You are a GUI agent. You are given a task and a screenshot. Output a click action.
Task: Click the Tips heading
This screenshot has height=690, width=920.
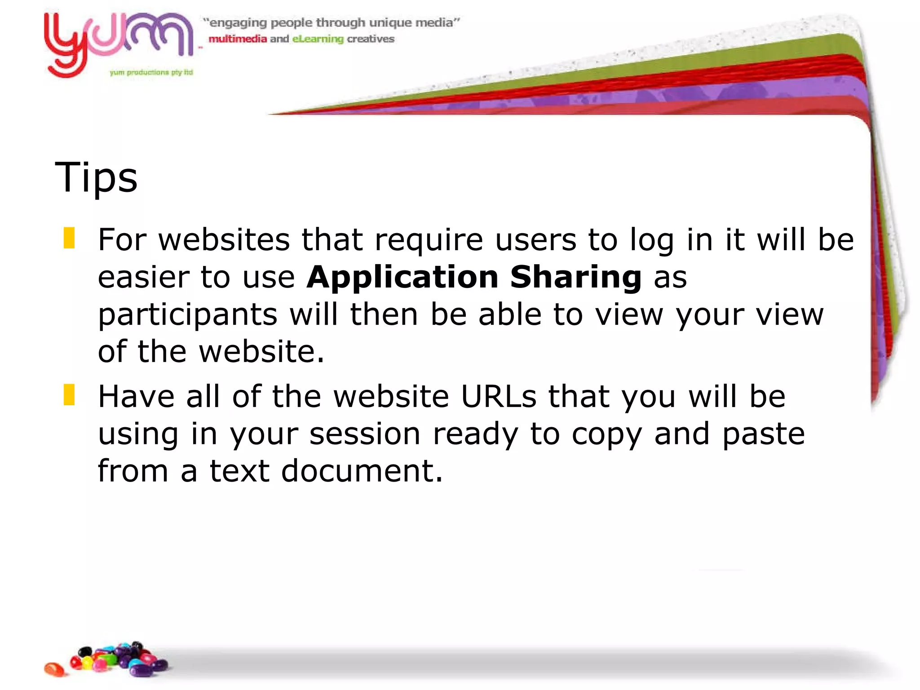pyautogui.click(x=96, y=178)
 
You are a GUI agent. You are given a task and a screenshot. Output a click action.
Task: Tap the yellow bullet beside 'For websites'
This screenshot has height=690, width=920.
pyautogui.click(x=69, y=238)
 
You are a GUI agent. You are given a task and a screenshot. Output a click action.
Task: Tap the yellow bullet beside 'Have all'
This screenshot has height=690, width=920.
pyautogui.click(x=69, y=395)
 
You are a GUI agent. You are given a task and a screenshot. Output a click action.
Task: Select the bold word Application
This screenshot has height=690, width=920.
pyautogui.click(x=402, y=278)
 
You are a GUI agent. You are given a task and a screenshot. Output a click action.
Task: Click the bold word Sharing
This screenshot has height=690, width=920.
pyautogui.click(x=576, y=278)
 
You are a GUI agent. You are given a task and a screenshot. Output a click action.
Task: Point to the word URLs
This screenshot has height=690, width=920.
pyautogui.click(x=499, y=397)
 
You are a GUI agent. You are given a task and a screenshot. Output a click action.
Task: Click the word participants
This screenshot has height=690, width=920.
pyautogui.click(x=188, y=315)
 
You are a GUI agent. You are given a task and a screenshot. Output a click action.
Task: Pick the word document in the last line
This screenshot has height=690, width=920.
pyautogui.click(x=362, y=471)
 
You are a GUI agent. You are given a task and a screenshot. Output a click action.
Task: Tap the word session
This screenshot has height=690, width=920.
pyautogui.click(x=365, y=434)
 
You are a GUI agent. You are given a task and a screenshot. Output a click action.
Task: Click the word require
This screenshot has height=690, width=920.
pyautogui.click(x=429, y=240)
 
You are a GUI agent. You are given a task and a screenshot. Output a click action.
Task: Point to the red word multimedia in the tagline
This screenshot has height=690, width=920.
pyautogui.click(x=238, y=39)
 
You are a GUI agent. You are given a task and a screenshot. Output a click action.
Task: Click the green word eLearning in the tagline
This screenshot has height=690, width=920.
pyautogui.click(x=318, y=39)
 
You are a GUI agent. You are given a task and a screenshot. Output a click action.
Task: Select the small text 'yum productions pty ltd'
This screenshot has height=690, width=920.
pyautogui.click(x=151, y=72)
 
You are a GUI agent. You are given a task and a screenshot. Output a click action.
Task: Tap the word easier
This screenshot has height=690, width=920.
pyautogui.click(x=143, y=278)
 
